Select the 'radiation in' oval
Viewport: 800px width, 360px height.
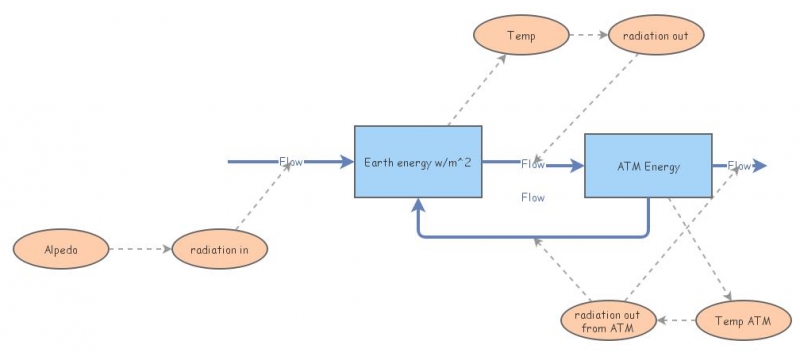coord(220,249)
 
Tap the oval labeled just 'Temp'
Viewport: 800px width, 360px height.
coord(520,36)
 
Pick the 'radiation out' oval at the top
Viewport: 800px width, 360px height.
coord(656,36)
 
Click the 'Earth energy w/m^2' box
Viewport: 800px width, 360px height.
coord(418,162)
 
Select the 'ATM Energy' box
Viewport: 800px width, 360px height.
coord(647,166)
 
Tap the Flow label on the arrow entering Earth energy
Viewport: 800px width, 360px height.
coord(291,161)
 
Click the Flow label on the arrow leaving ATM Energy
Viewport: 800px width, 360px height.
coord(739,165)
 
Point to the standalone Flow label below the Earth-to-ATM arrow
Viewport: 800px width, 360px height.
coord(533,198)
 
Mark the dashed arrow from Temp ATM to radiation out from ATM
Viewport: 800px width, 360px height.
coord(686,321)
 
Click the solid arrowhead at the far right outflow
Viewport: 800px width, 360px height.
coord(760,166)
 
